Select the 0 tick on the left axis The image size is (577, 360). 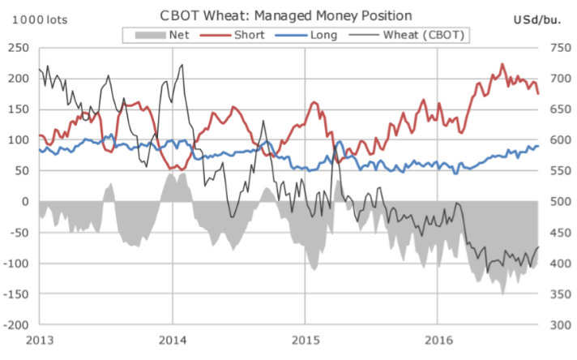click(28, 202)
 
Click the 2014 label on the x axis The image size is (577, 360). click(172, 339)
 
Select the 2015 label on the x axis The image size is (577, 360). click(305, 339)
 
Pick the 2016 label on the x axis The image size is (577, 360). click(438, 339)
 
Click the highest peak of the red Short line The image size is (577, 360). click(502, 64)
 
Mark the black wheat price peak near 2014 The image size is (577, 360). click(181, 65)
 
